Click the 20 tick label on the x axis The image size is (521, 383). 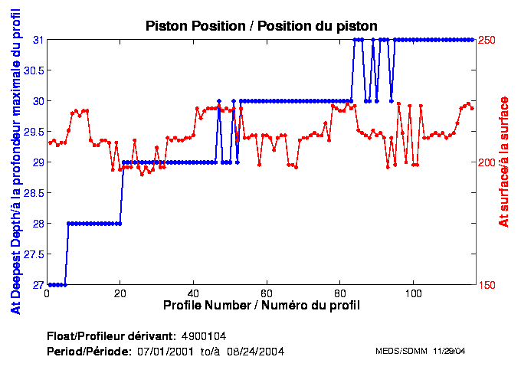(x=120, y=293)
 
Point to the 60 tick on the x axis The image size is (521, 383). (x=267, y=293)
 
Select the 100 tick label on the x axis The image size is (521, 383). (x=414, y=293)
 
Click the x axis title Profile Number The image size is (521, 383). (x=261, y=306)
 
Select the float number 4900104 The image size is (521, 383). (x=203, y=336)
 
